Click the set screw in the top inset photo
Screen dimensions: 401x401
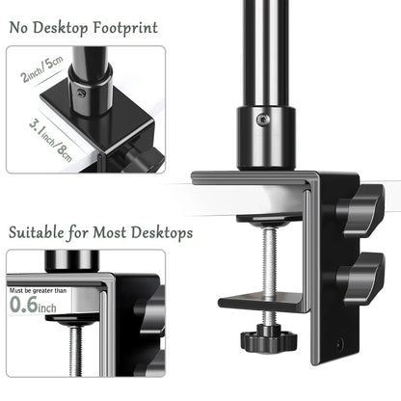(x=84, y=93)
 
